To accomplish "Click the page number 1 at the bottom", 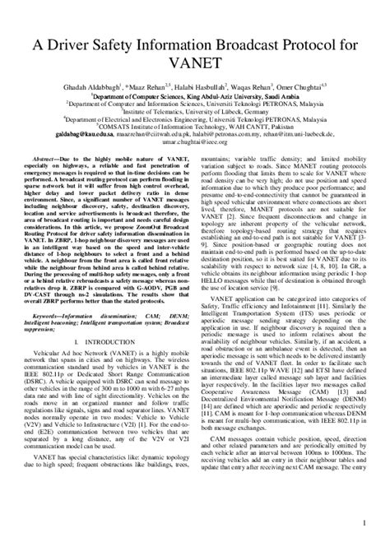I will click(x=362, y=522).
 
